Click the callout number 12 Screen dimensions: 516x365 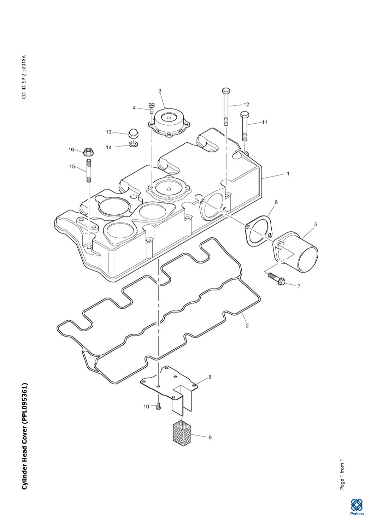[x=246, y=105]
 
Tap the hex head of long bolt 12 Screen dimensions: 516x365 [x=226, y=90]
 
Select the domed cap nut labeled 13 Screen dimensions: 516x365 [x=133, y=133]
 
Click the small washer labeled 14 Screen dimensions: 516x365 [x=133, y=144]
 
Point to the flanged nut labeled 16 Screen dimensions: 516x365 [x=88, y=152]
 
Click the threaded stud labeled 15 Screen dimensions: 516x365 [x=88, y=171]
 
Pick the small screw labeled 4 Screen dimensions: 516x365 [x=151, y=107]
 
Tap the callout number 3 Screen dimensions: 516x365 [x=160, y=91]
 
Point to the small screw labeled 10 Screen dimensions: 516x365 [x=158, y=407]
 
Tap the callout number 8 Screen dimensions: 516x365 [x=210, y=377]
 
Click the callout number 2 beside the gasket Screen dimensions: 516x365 [x=247, y=326]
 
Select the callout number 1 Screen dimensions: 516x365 [x=288, y=174]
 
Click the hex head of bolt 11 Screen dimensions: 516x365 [x=245, y=115]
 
